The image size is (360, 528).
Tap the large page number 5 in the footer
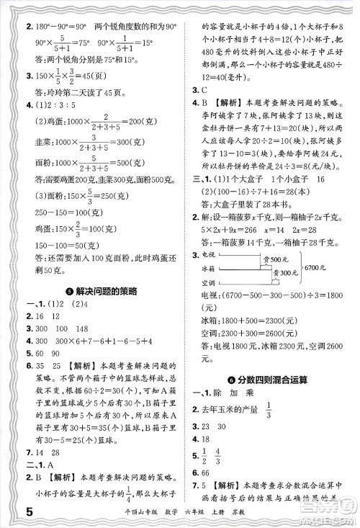coord(10,513)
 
